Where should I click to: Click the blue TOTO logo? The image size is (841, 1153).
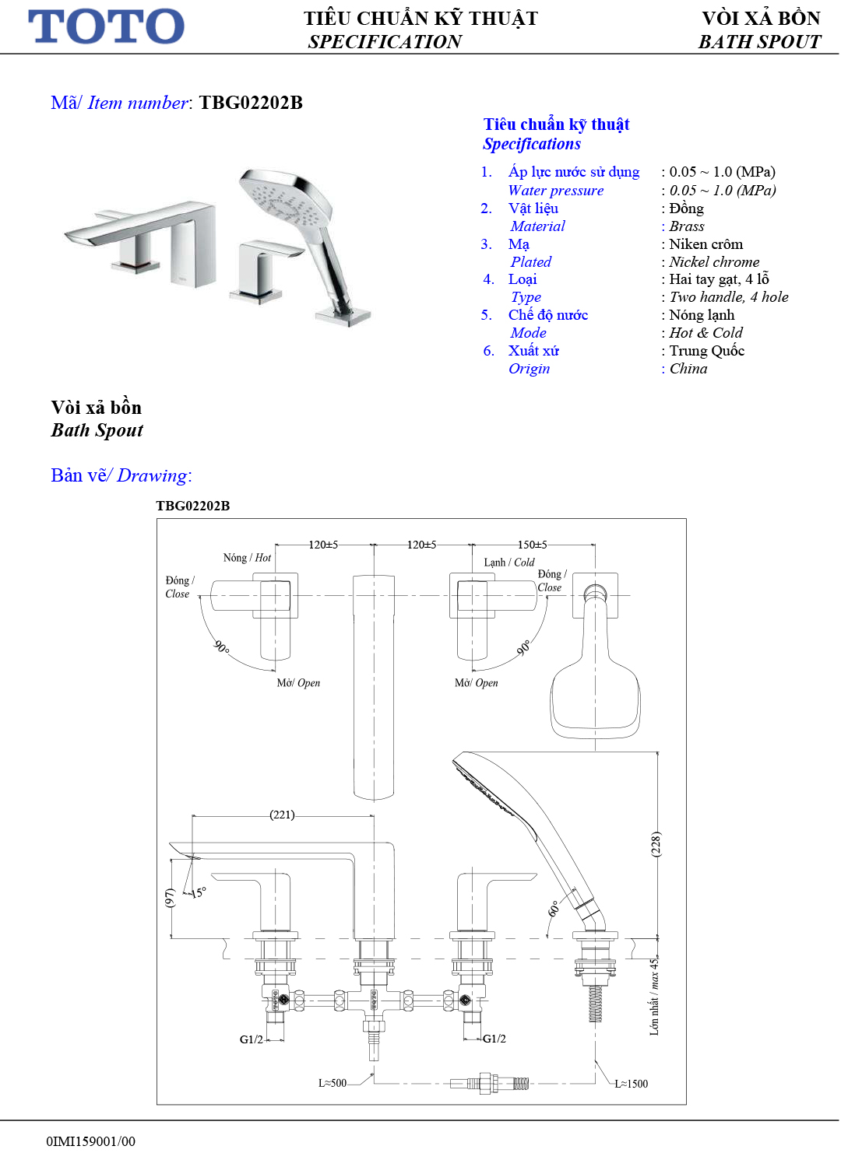click(x=106, y=26)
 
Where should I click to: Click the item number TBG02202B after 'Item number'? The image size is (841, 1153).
click(x=251, y=103)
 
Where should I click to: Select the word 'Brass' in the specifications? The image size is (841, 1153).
click(x=687, y=226)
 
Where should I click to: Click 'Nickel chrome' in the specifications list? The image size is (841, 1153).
click(x=714, y=262)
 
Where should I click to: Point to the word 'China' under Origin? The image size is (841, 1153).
click(x=688, y=369)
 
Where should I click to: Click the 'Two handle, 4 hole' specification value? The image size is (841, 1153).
click(x=729, y=297)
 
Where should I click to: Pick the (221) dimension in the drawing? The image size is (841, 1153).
click(x=282, y=815)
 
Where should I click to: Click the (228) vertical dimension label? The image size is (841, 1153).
click(x=656, y=844)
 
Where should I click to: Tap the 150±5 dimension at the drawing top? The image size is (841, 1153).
click(x=533, y=545)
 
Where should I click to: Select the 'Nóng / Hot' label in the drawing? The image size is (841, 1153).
click(x=247, y=558)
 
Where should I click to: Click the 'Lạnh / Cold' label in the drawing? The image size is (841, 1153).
click(x=509, y=562)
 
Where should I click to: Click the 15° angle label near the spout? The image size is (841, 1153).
click(x=199, y=892)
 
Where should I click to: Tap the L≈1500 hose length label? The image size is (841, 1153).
click(x=631, y=1084)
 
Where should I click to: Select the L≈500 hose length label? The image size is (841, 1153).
click(x=333, y=1083)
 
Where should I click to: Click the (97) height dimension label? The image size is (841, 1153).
click(x=170, y=898)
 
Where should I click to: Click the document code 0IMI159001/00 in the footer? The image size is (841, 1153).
click(x=90, y=1141)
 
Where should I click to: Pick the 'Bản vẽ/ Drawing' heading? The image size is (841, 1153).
click(x=121, y=475)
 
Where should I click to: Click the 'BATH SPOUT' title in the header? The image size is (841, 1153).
click(x=759, y=42)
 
